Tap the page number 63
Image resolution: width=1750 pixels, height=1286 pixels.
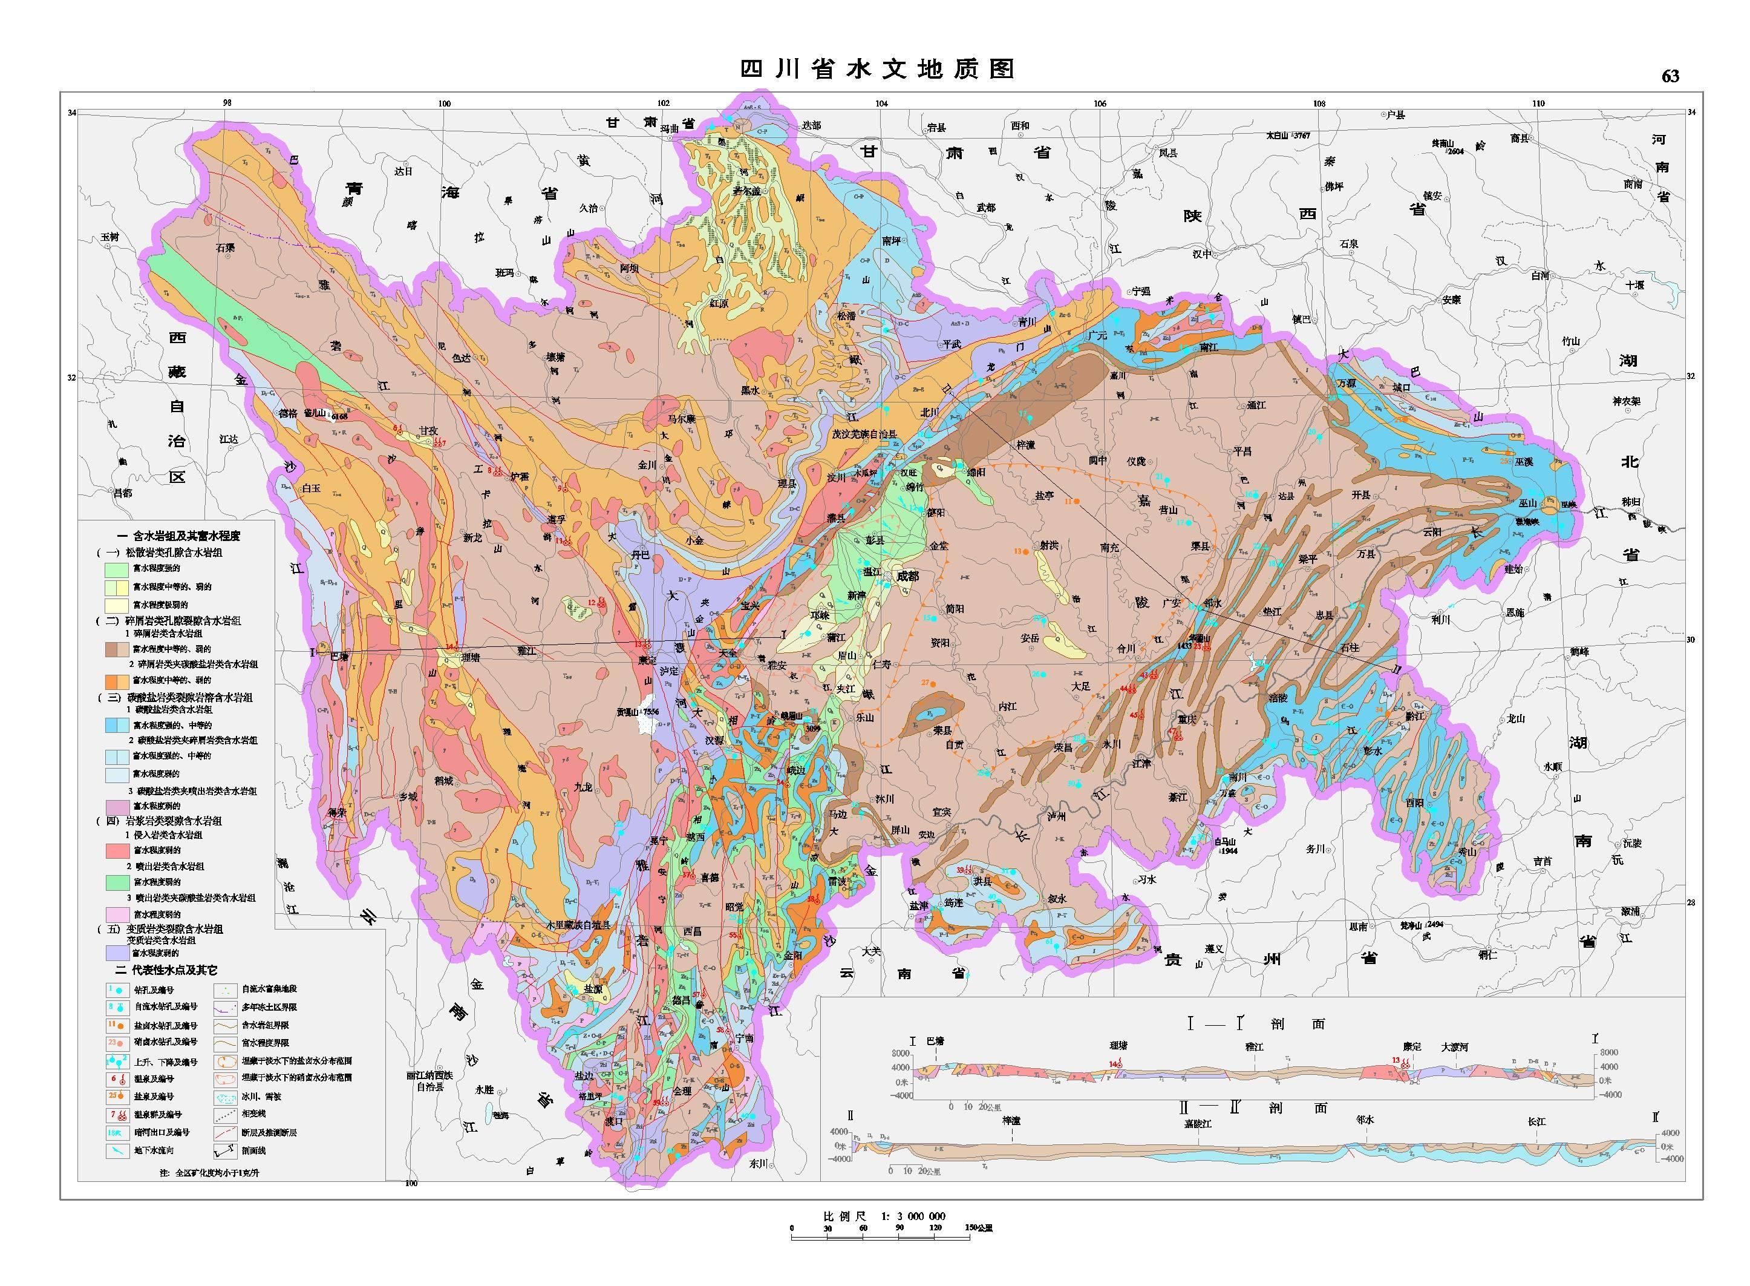point(1670,76)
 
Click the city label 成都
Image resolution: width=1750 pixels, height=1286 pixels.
point(907,577)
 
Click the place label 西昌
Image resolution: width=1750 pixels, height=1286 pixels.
point(692,931)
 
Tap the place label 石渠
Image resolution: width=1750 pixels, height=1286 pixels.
point(225,248)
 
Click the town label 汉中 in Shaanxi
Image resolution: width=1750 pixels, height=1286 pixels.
point(1201,254)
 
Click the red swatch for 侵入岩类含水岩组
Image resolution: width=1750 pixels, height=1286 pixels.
point(117,850)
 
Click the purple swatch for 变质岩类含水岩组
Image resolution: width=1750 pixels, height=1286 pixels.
point(117,952)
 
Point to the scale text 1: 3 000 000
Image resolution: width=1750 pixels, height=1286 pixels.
point(913,1216)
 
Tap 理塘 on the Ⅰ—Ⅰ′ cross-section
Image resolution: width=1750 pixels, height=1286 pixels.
point(1118,1046)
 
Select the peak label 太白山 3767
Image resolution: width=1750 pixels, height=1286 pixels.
point(1288,136)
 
